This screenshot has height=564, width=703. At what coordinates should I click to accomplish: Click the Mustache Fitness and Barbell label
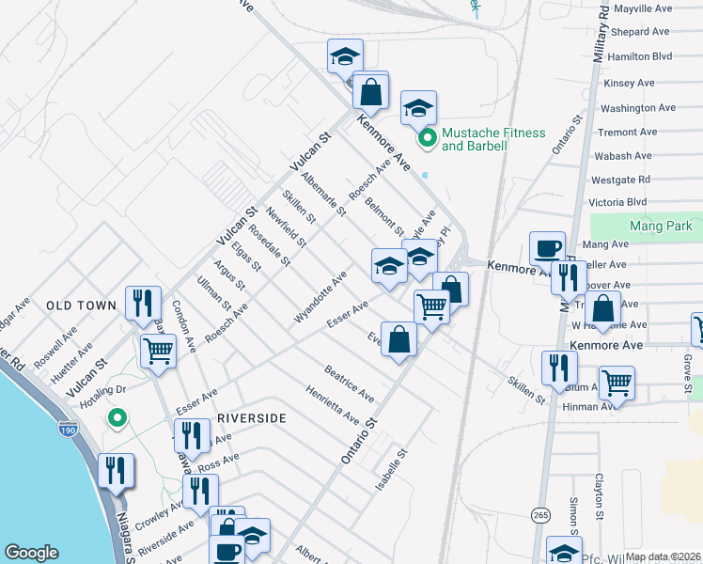coord(488,139)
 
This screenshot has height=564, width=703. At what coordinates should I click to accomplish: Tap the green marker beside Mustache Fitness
coord(427,139)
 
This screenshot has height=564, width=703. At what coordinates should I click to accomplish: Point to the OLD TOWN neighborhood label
coord(81,305)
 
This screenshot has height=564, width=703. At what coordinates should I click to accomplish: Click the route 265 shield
coord(540,515)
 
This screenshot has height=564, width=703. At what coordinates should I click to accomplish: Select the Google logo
coord(32,553)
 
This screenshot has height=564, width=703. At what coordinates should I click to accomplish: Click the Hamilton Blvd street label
coord(640,56)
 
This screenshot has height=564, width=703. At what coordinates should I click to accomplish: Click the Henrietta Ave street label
coord(332,403)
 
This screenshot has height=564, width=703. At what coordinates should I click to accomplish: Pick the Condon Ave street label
coord(184,326)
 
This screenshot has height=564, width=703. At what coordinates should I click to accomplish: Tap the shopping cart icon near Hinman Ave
coord(617,382)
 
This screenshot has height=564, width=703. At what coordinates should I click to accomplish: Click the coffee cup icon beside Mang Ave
coord(547,248)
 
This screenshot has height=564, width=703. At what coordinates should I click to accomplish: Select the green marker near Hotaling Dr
coord(117,417)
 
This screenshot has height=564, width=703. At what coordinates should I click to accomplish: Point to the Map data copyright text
coord(662,556)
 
